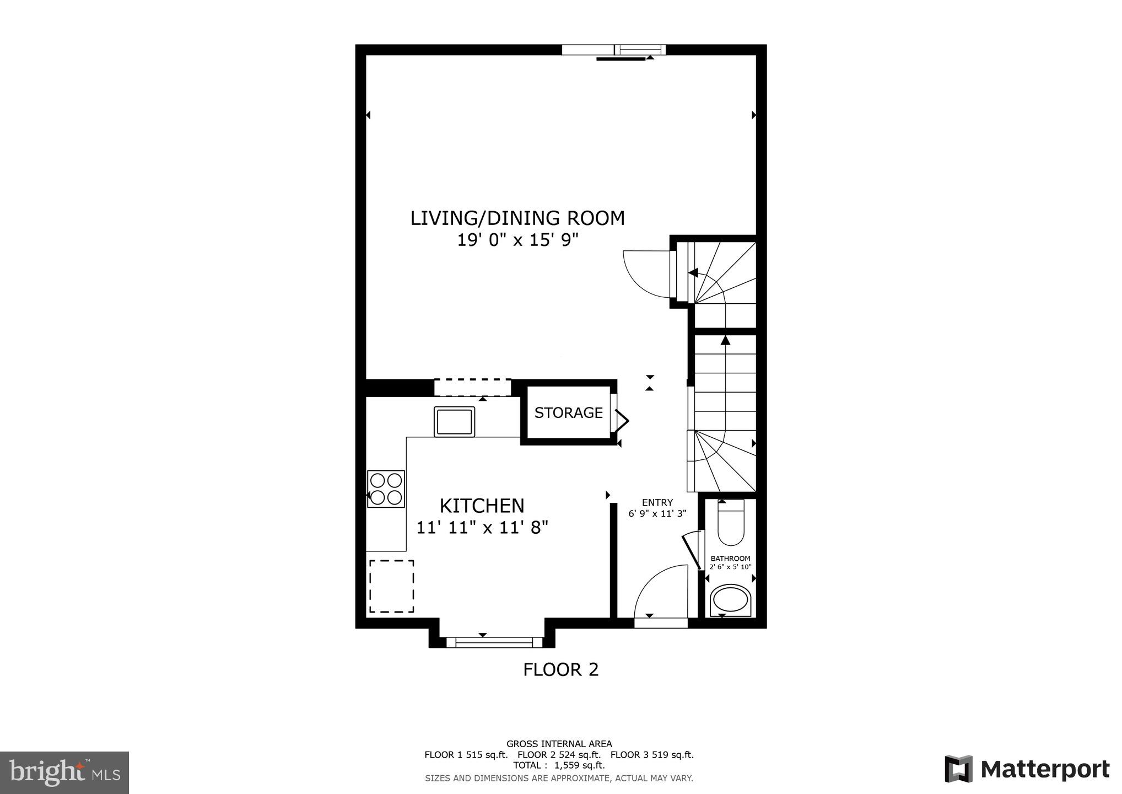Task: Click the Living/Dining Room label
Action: click(x=517, y=218)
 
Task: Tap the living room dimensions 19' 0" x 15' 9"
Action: click(x=517, y=240)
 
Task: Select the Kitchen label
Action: click(x=482, y=506)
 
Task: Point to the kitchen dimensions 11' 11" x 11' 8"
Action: click(x=482, y=528)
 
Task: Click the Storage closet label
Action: click(x=568, y=412)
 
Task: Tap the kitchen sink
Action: click(x=454, y=422)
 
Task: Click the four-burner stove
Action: click(x=386, y=489)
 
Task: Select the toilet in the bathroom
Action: click(x=731, y=522)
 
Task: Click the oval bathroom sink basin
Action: click(x=730, y=600)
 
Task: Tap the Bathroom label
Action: click(x=730, y=559)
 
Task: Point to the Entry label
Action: click(x=657, y=503)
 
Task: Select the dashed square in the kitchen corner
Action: click(x=391, y=586)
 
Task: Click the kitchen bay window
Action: click(x=494, y=642)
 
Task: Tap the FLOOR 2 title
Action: click(x=560, y=669)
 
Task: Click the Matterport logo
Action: click(x=1026, y=769)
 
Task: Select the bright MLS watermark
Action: click(x=64, y=772)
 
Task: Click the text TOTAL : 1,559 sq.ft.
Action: click(x=559, y=765)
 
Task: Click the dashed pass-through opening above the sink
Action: click(x=473, y=388)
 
